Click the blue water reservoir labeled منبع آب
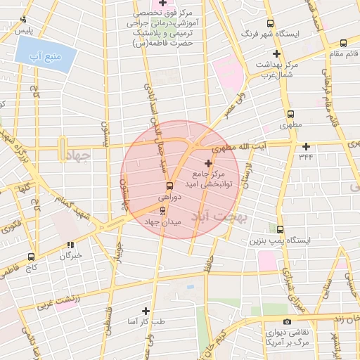tap(45, 54)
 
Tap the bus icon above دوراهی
tap(168, 186)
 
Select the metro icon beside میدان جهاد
tap(164, 210)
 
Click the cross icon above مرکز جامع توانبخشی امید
tap(207, 163)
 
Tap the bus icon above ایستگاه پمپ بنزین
tap(280, 229)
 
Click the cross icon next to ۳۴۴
tap(306, 146)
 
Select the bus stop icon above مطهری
tap(290, 113)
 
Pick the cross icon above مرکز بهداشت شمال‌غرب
tap(276, 53)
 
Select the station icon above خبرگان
tap(70, 245)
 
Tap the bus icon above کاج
tap(30, 257)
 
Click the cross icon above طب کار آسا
tap(146, 311)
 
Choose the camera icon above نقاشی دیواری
tap(287, 321)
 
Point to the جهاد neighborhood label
tap(77, 155)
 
